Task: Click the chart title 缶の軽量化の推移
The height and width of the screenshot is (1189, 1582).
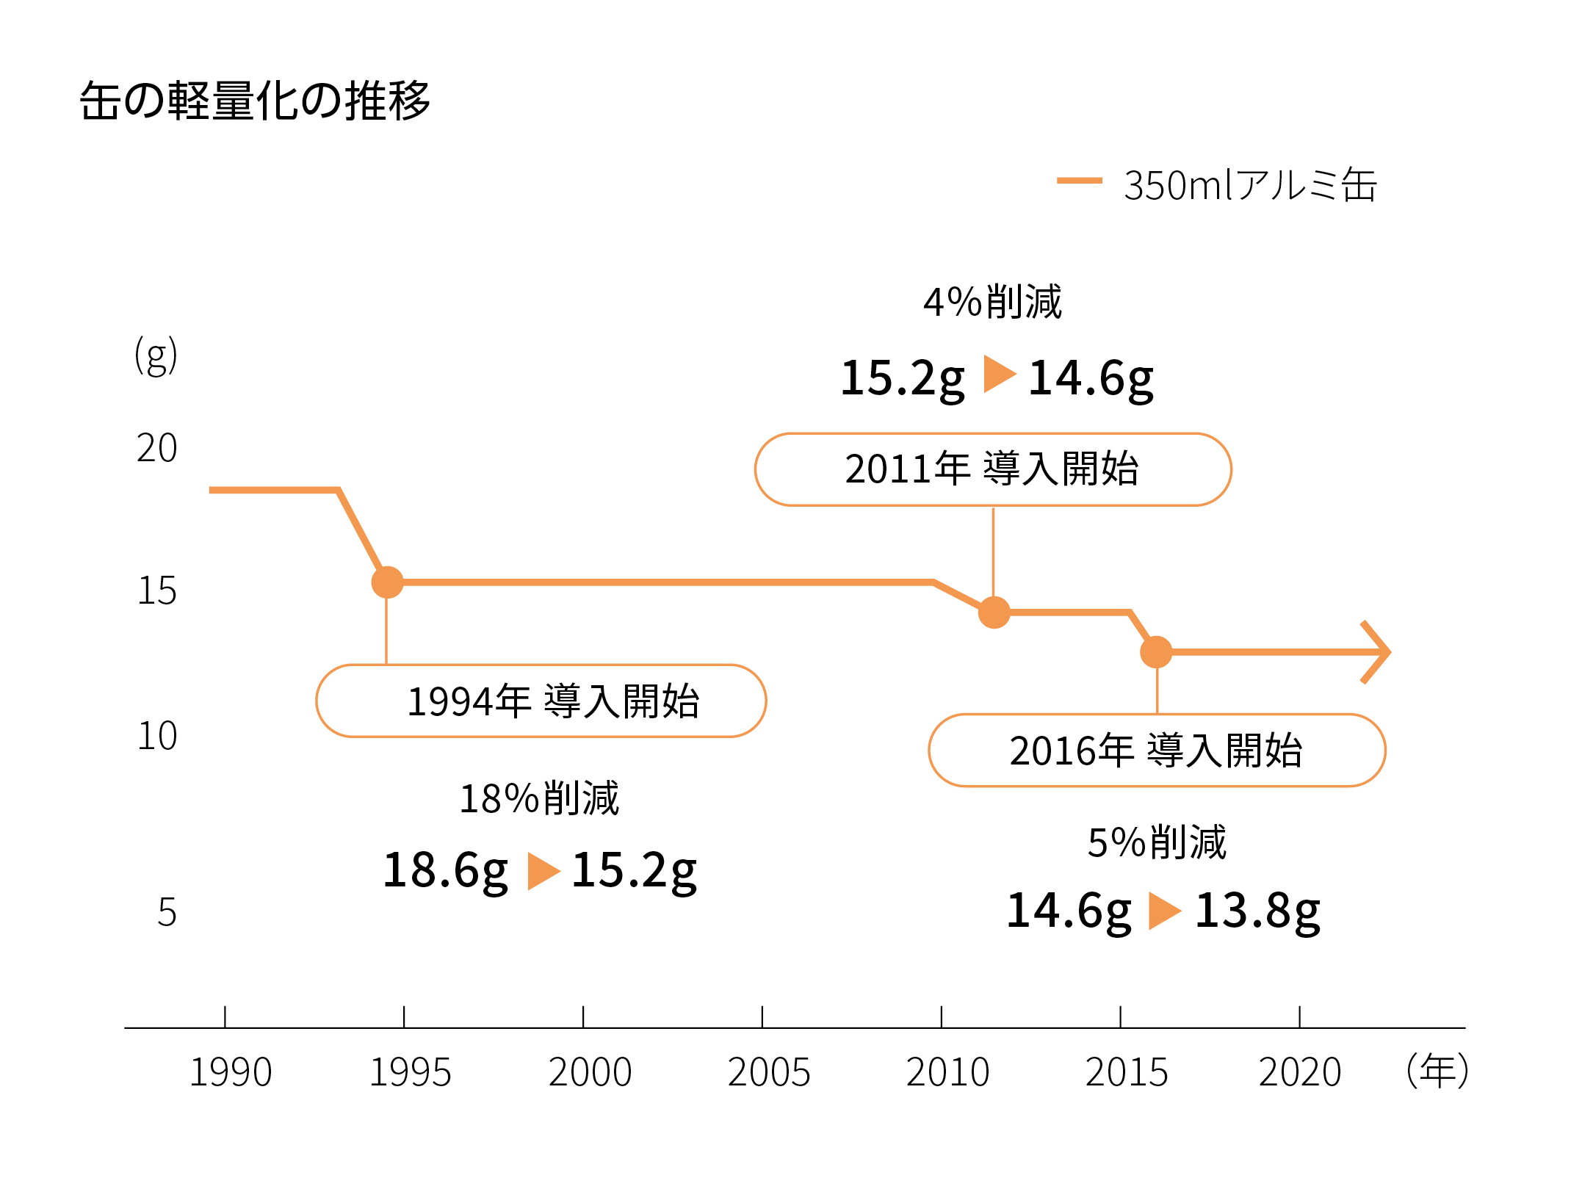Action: click(255, 101)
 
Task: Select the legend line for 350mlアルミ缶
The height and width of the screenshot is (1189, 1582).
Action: click(1079, 180)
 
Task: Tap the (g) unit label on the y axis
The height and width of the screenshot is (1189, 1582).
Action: click(156, 355)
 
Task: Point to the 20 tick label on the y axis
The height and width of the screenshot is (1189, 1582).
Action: click(156, 448)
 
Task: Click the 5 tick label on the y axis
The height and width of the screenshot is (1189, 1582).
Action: click(167, 913)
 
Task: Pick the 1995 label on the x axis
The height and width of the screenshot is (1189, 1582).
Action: click(410, 1072)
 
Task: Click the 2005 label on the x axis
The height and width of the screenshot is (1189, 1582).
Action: click(768, 1072)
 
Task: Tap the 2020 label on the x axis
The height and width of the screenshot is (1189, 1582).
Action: click(1299, 1072)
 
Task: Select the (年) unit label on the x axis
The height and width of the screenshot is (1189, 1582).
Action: click(1437, 1071)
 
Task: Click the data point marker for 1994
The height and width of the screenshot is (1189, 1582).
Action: click(387, 582)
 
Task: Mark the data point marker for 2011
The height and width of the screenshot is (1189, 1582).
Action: click(994, 612)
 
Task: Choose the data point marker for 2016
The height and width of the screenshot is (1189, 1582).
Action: click(1156, 652)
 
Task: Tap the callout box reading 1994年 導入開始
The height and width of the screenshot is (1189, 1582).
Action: click(541, 701)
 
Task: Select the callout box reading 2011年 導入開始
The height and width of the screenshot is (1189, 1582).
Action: click(993, 469)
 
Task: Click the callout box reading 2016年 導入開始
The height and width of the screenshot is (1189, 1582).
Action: click(1157, 751)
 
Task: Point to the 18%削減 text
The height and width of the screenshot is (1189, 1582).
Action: click(539, 799)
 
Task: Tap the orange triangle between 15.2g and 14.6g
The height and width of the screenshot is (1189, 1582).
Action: click(997, 374)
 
